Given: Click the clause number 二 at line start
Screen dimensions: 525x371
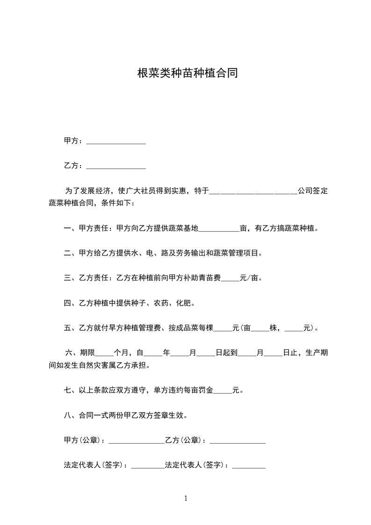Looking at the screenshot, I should (x=67, y=254).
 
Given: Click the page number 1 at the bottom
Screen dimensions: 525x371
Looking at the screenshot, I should (x=186, y=498).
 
